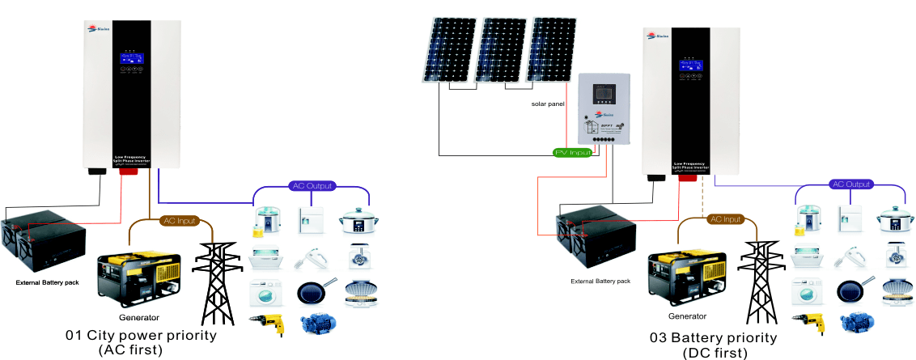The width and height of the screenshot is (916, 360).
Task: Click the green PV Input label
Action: [x=572, y=152]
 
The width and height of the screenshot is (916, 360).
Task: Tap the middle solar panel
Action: [x=499, y=50]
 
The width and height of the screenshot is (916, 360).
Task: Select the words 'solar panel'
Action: [x=548, y=104]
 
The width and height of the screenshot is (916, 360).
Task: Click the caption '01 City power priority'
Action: [x=142, y=335]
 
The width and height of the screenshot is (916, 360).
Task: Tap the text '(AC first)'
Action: [x=131, y=349]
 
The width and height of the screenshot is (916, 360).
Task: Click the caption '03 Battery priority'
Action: [x=712, y=337]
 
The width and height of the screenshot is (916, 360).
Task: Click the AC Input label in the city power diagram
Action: [x=180, y=220]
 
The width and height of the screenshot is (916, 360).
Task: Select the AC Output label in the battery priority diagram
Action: [x=852, y=184]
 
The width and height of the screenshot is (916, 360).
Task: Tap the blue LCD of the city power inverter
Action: [x=131, y=59]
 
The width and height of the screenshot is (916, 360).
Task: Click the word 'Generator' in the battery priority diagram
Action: [x=687, y=316]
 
